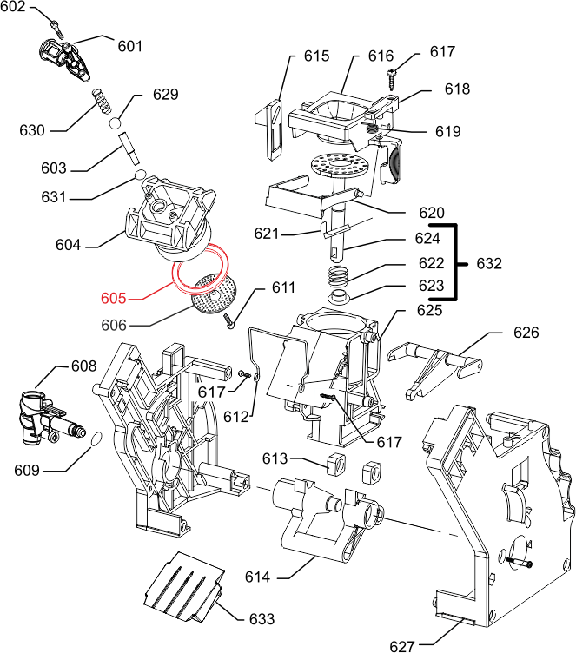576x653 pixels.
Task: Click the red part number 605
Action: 114,299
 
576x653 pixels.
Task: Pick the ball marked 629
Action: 116,123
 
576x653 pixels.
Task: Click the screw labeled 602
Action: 56,22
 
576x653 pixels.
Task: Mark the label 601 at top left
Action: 130,46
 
